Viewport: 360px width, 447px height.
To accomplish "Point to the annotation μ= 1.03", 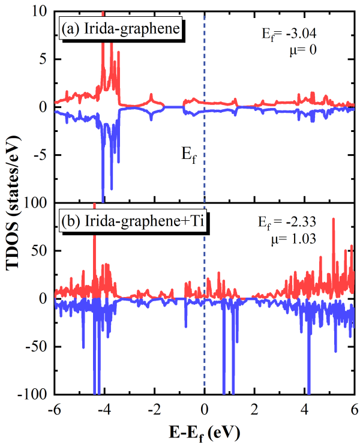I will pyautogui.click(x=294, y=239).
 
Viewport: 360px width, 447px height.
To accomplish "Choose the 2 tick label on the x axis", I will pyautogui.click(x=255, y=410).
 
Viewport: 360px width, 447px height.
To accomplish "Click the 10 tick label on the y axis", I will pyautogui.click(x=38, y=11).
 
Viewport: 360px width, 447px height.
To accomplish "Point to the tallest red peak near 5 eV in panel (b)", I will pyautogui.click(x=333, y=220).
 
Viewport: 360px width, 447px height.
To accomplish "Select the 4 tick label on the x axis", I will pyautogui.click(x=305, y=410).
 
